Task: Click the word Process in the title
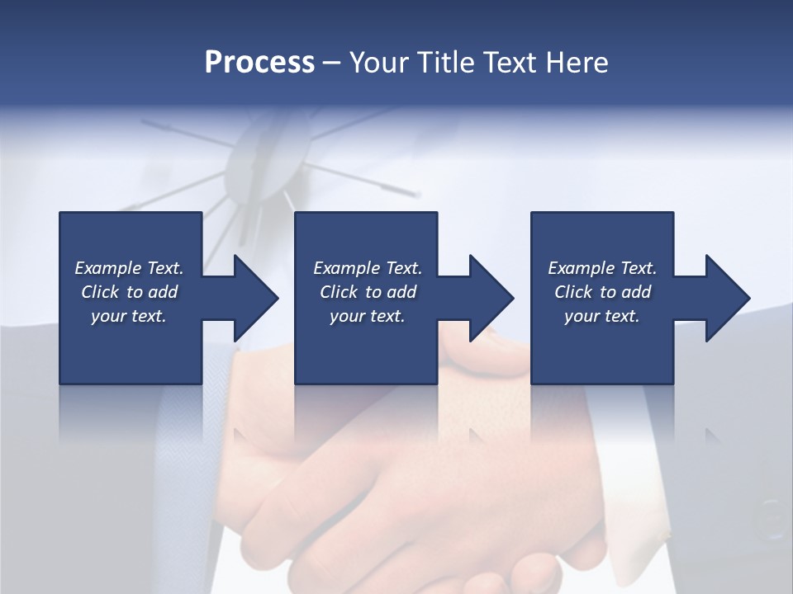click(259, 63)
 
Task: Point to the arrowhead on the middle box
click(487, 298)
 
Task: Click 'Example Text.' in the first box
click(129, 268)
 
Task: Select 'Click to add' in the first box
click(129, 292)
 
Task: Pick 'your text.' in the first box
click(129, 316)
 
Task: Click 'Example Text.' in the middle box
click(367, 268)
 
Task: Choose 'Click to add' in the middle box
click(367, 292)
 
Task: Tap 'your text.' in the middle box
click(367, 316)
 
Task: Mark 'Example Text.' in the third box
click(602, 268)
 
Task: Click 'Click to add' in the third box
click(602, 292)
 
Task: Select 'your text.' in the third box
click(602, 316)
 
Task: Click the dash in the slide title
click(331, 64)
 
